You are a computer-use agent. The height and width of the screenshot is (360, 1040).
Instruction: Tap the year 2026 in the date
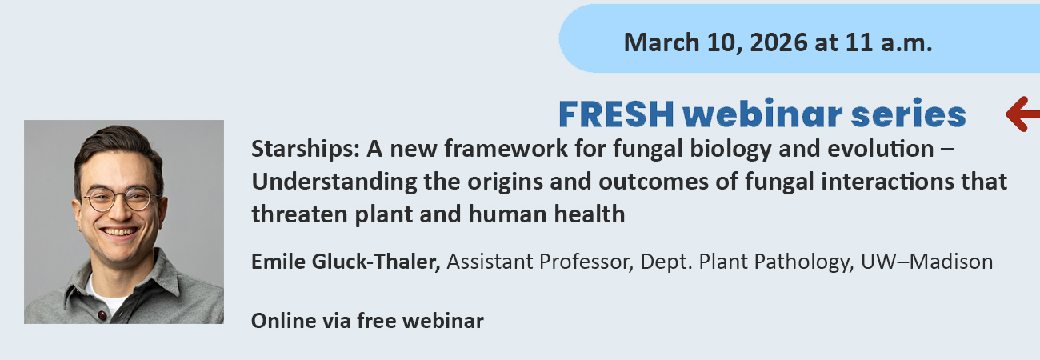pos(778,42)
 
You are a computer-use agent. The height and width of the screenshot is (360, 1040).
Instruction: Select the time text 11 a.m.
pos(889,42)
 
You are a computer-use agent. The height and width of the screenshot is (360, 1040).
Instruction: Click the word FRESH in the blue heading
pos(616,114)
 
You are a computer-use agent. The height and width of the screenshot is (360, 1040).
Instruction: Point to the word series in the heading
pos(908,114)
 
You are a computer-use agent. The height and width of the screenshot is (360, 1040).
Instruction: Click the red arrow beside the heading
pos(1023,114)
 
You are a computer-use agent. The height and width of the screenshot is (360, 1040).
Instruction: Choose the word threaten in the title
pos(299,214)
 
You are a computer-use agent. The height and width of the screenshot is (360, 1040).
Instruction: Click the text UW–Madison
pos(926,262)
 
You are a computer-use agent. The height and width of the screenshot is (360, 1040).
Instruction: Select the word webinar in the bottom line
pos(442,321)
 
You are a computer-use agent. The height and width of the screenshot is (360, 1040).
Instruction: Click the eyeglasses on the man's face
pos(120,199)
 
